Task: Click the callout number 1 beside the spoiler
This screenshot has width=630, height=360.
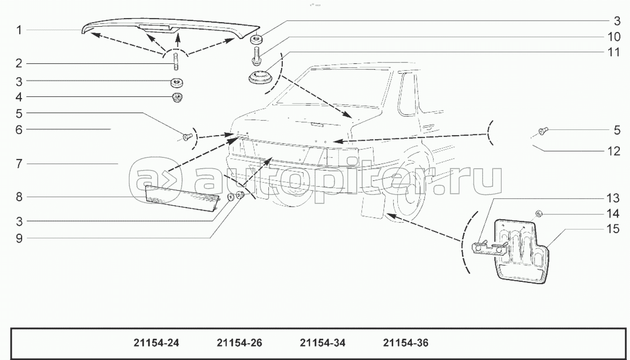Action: click(19, 30)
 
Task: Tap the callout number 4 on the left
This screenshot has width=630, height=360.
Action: click(19, 96)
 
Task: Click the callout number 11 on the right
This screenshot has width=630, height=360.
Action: click(613, 52)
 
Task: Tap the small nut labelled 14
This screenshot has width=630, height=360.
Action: click(538, 213)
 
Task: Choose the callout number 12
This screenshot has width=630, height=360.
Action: click(613, 151)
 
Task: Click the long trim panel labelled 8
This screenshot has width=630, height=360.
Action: click(181, 198)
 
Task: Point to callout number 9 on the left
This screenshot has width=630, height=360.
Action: click(19, 238)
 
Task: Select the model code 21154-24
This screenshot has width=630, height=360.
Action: click(156, 343)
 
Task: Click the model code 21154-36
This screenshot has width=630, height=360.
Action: click(405, 343)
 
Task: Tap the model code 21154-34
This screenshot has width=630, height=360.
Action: click(322, 343)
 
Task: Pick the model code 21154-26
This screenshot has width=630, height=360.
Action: click(240, 343)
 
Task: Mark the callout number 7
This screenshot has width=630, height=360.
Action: click(19, 163)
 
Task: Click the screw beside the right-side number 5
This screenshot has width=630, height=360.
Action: click(543, 131)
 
